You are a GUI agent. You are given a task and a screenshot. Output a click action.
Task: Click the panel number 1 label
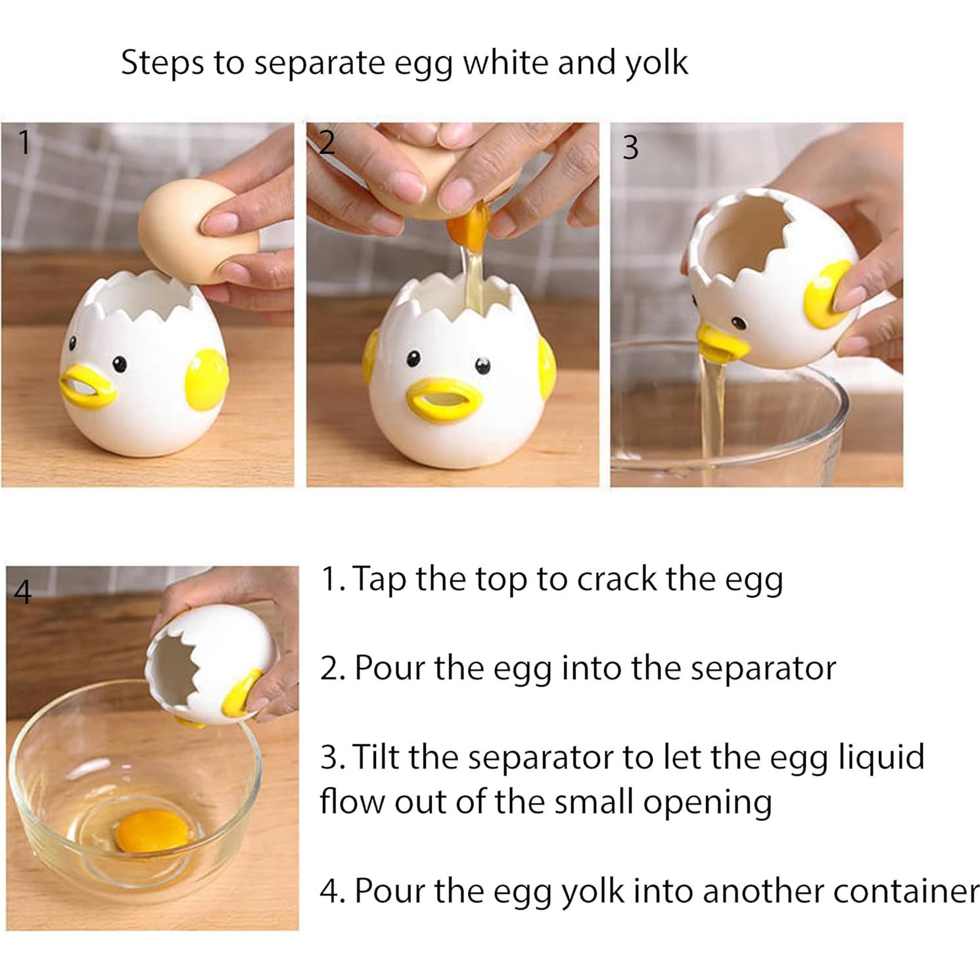coord(24,142)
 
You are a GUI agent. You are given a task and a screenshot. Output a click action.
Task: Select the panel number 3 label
coord(630,147)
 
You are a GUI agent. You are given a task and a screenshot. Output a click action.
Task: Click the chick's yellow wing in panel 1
coord(206,379)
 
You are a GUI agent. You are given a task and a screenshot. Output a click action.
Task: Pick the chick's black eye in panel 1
coord(119,363)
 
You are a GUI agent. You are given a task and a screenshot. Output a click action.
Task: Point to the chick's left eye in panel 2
coord(413,358)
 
